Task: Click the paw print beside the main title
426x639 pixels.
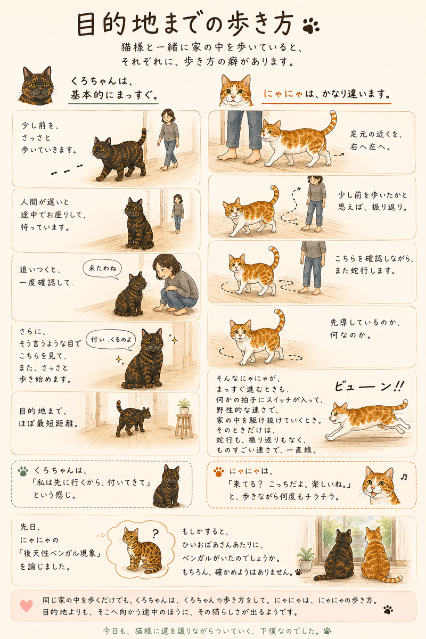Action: coord(310,25)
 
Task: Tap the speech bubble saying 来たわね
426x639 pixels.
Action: coord(102,269)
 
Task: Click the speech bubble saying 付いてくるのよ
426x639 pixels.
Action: coord(111,340)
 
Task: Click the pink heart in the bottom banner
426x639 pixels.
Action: coord(27,605)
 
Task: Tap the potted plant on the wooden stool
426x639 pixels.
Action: coord(184,406)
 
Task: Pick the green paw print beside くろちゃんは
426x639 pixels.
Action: coord(23,471)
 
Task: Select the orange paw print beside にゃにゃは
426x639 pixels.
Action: coord(218,472)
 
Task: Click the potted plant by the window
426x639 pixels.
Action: coord(306,556)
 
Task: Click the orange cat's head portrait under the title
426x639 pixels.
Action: coord(236,90)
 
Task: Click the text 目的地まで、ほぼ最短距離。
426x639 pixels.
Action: coord(48,417)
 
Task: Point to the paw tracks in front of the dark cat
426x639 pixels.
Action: coord(67,170)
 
